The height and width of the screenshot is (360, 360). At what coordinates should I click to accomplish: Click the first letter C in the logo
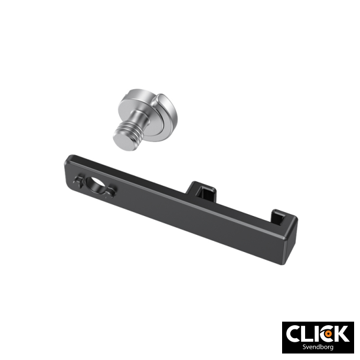pos(294,334)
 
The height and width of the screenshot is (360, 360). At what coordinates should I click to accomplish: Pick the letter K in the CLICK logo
pos(341,334)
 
